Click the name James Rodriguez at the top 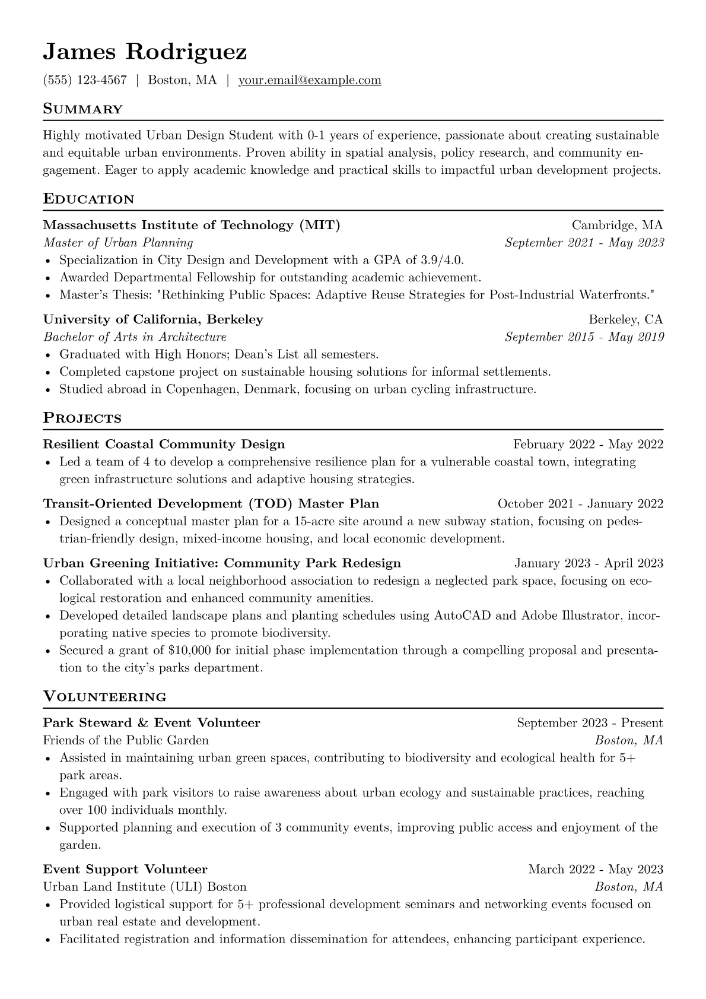[145, 52]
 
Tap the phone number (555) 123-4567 [85, 80]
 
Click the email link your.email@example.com [310, 80]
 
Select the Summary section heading [82, 109]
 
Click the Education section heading [88, 199]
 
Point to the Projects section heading [82, 418]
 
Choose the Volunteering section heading [104, 697]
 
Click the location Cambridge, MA [617, 225]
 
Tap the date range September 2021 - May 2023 [584, 243]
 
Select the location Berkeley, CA [625, 319]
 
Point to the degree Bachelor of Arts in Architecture [135, 337]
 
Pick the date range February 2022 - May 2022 [588, 445]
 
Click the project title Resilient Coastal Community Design [164, 445]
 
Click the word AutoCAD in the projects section [462, 616]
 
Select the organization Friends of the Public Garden [126, 740]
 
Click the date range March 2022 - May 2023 [596, 870]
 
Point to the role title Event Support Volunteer [125, 870]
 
